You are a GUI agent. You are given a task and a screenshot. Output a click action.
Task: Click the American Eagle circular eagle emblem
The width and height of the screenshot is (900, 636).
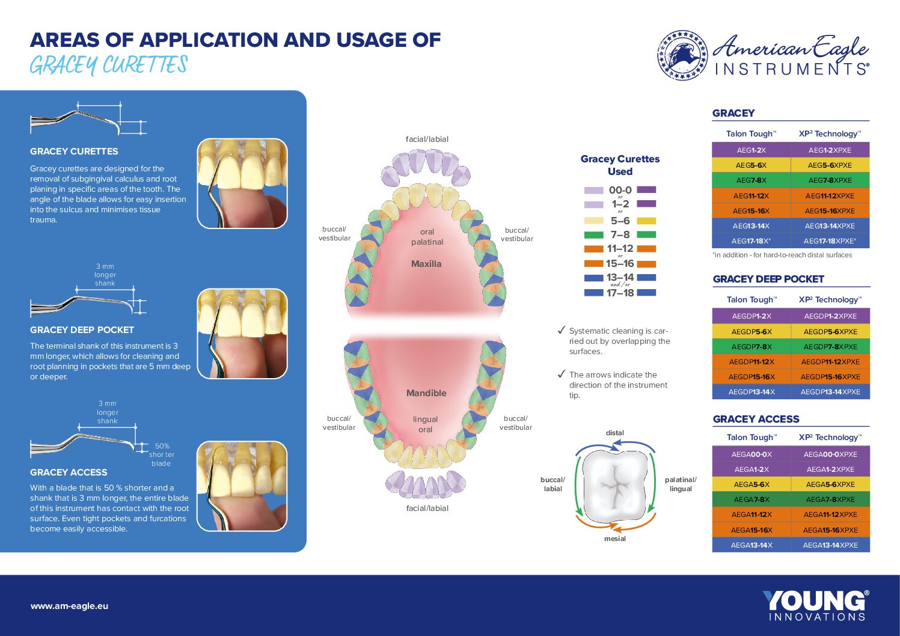682,55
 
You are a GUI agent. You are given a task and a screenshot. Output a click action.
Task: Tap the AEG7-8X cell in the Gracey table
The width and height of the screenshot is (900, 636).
752,180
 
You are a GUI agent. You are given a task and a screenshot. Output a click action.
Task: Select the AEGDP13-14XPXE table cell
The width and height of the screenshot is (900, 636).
830,392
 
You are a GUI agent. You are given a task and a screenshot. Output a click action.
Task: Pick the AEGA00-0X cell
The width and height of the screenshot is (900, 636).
752,454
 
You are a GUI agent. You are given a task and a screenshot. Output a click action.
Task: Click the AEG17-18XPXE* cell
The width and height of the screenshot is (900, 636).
830,241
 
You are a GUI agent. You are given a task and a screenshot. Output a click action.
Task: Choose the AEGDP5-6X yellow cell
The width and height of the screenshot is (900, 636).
752,331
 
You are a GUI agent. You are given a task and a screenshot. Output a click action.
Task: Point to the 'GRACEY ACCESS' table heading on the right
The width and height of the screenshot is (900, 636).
756,419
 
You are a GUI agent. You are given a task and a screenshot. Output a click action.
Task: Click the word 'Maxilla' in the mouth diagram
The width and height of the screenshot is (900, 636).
426,264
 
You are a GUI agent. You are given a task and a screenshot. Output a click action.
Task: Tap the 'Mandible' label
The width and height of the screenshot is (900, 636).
426,393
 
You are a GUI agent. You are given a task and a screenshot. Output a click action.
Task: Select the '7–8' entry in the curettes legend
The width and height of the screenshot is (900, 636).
620,234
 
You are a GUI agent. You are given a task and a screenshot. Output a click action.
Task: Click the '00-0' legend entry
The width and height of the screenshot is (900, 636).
620,189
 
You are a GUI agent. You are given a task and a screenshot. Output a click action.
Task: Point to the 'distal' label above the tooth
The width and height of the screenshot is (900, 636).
615,433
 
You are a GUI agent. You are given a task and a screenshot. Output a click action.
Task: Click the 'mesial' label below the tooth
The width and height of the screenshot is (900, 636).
615,539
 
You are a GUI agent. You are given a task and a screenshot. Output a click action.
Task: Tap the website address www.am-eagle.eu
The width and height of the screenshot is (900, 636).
69,606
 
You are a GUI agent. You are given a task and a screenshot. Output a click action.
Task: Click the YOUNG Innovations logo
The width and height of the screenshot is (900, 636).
816,605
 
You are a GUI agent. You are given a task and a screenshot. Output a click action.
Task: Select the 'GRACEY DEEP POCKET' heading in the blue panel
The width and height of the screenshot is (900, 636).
82,330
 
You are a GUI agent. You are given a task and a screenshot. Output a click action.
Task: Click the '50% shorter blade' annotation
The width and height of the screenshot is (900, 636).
162,454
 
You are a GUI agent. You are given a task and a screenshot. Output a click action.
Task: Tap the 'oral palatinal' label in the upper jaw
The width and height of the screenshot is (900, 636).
427,237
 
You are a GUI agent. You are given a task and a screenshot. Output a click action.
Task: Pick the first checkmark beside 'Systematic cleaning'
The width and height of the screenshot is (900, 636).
562,330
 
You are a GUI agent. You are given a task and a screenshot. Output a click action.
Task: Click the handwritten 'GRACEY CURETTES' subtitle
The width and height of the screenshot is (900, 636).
108,65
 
